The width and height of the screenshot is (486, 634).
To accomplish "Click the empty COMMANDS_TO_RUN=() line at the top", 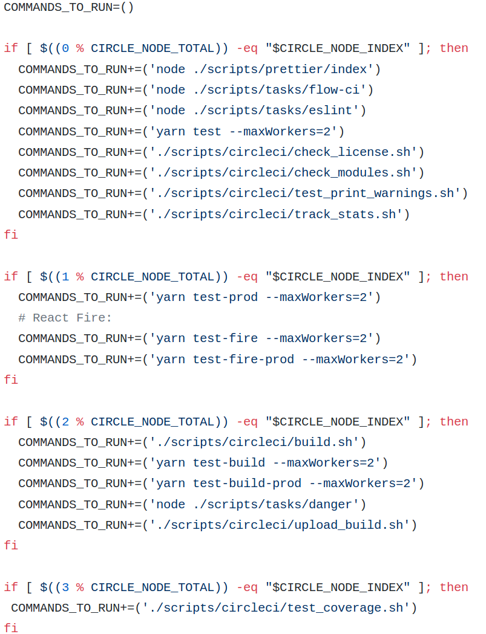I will click(x=68, y=7).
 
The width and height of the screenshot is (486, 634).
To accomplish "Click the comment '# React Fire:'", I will click(x=65, y=318).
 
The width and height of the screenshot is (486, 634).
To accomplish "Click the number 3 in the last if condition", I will click(x=65, y=587).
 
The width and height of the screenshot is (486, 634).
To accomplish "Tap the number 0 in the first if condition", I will click(x=65, y=48).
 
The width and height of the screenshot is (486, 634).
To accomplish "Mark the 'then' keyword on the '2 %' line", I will click(x=454, y=422).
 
